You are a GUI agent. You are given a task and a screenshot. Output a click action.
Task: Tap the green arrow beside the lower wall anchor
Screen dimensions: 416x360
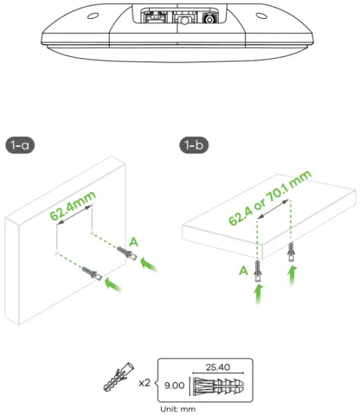[113, 285]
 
